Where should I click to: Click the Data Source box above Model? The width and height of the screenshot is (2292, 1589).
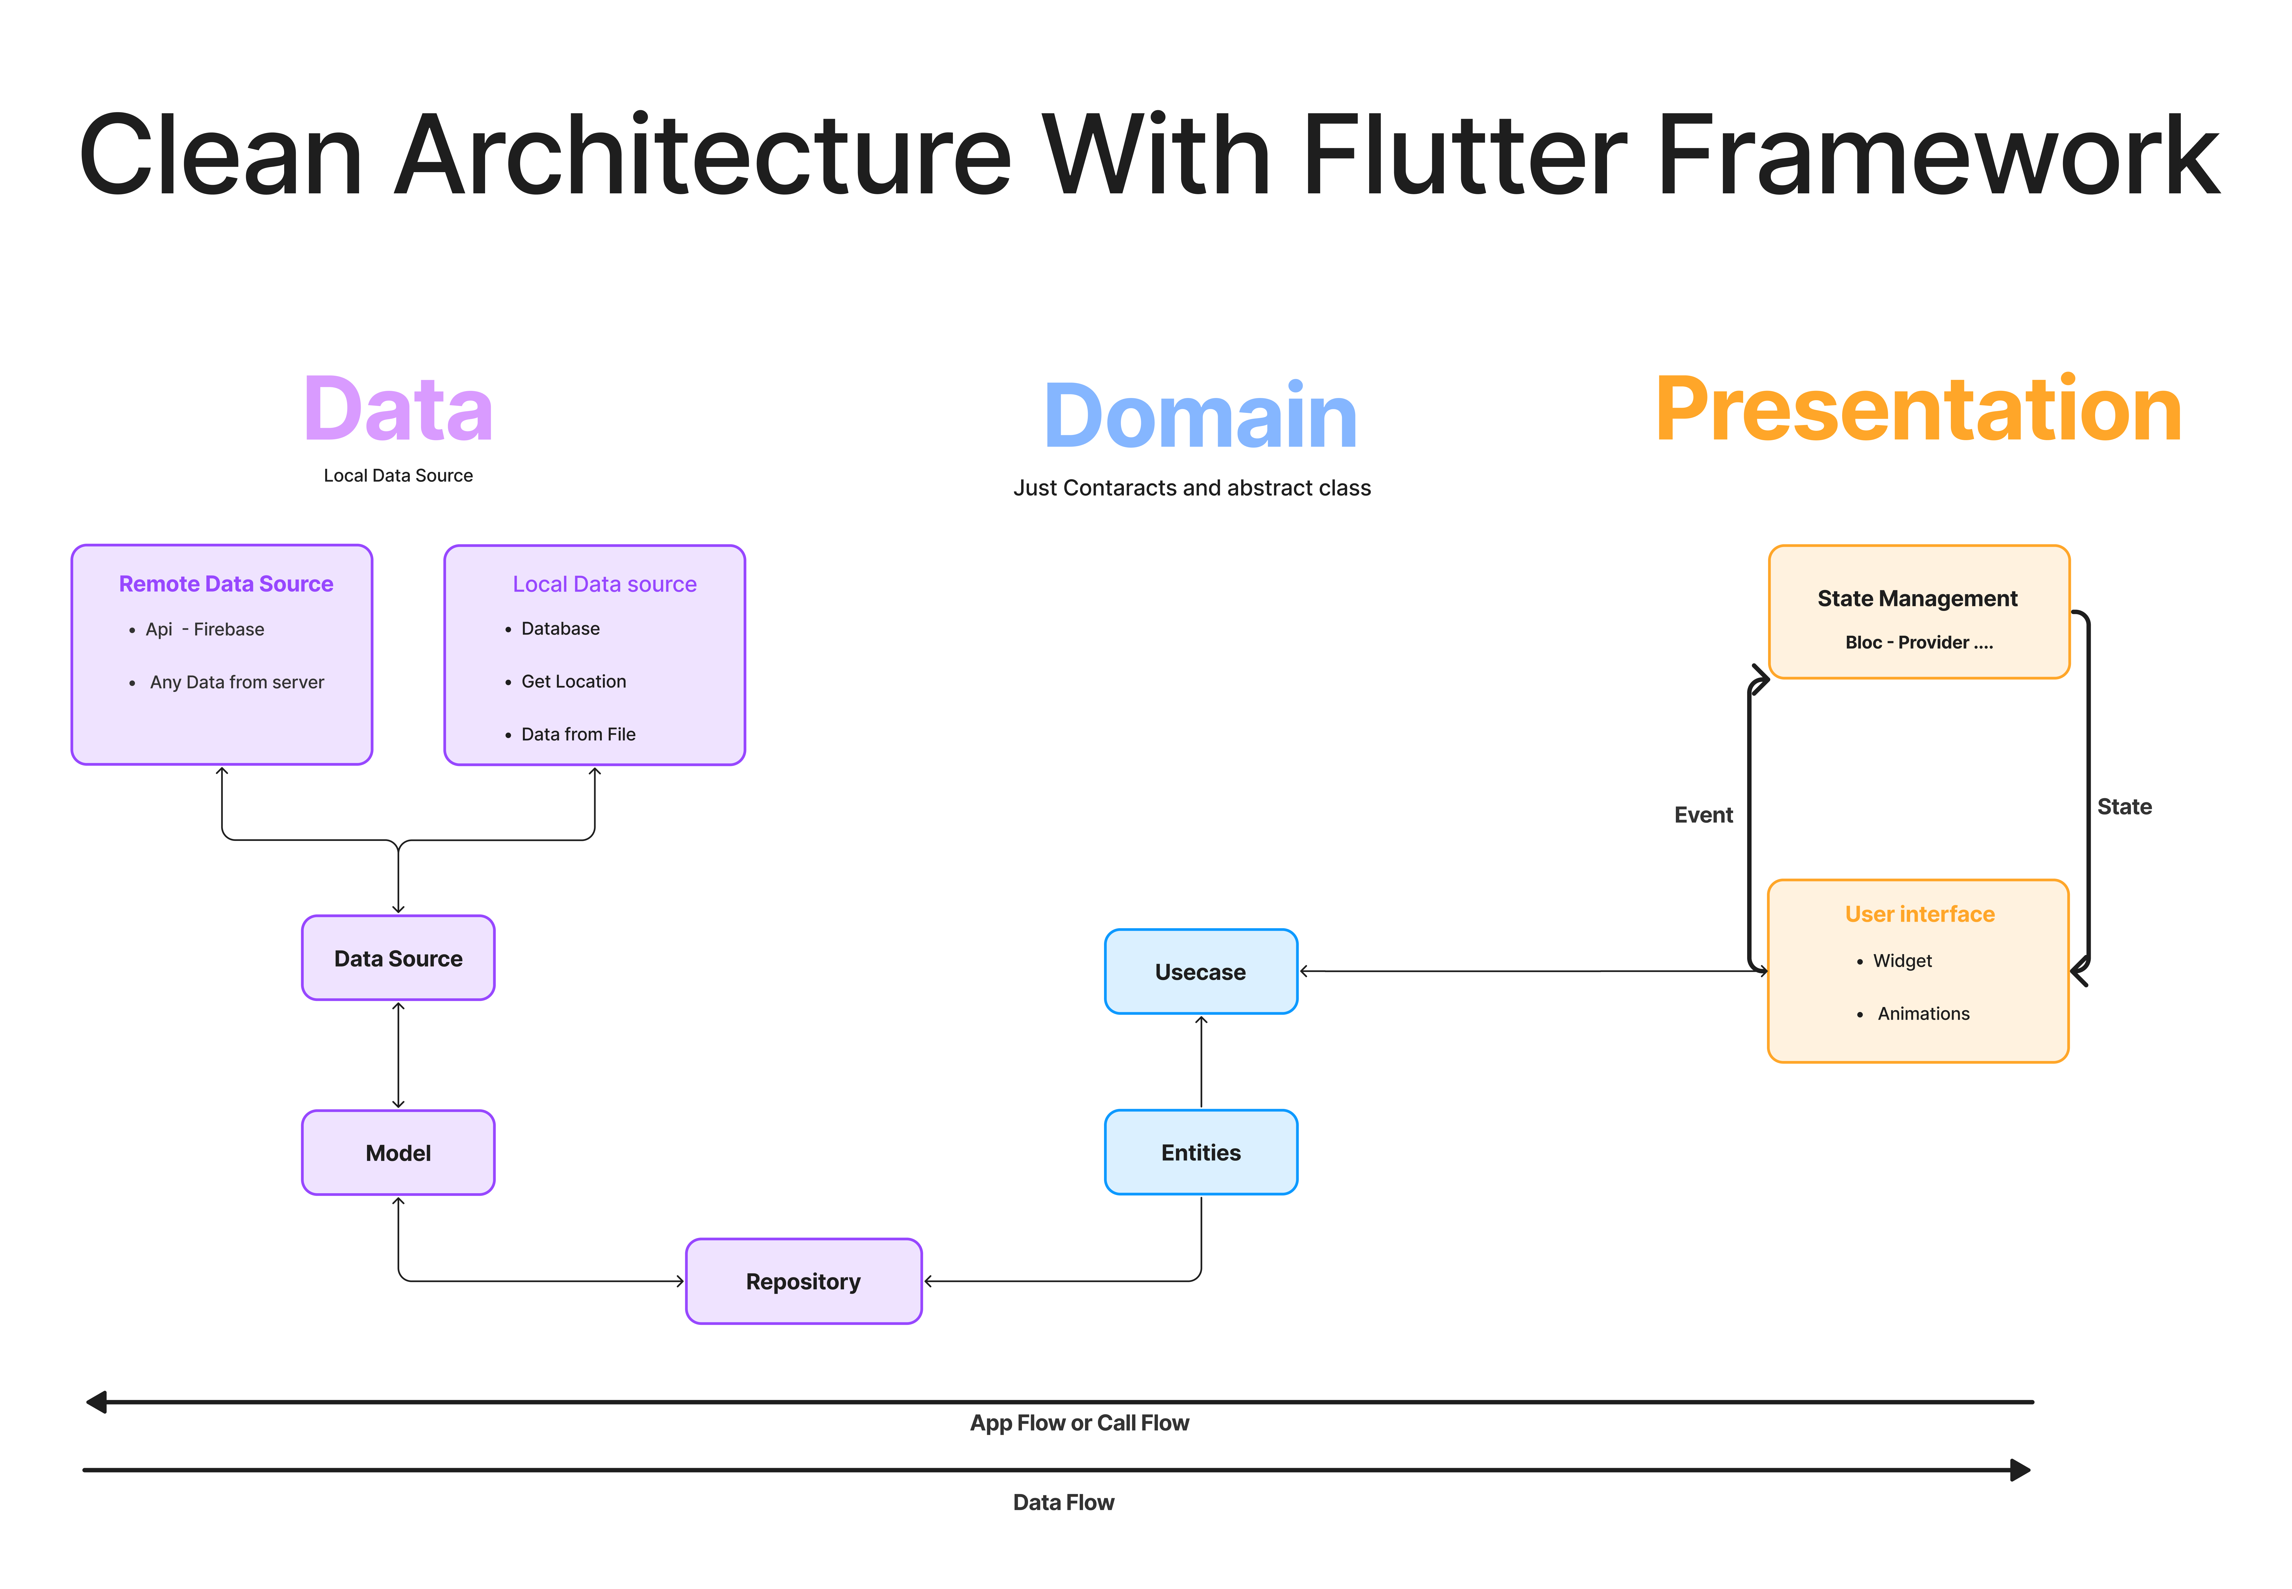398,958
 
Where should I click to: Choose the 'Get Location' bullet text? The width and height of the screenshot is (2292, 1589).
573,681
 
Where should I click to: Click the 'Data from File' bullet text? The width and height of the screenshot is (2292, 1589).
578,734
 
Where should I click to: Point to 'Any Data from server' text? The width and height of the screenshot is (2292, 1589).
237,682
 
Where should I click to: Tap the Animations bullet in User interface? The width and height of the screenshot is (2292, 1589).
1923,1014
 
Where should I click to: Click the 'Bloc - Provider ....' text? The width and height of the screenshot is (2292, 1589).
1919,642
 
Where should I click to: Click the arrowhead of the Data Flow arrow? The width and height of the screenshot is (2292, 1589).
2020,1469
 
